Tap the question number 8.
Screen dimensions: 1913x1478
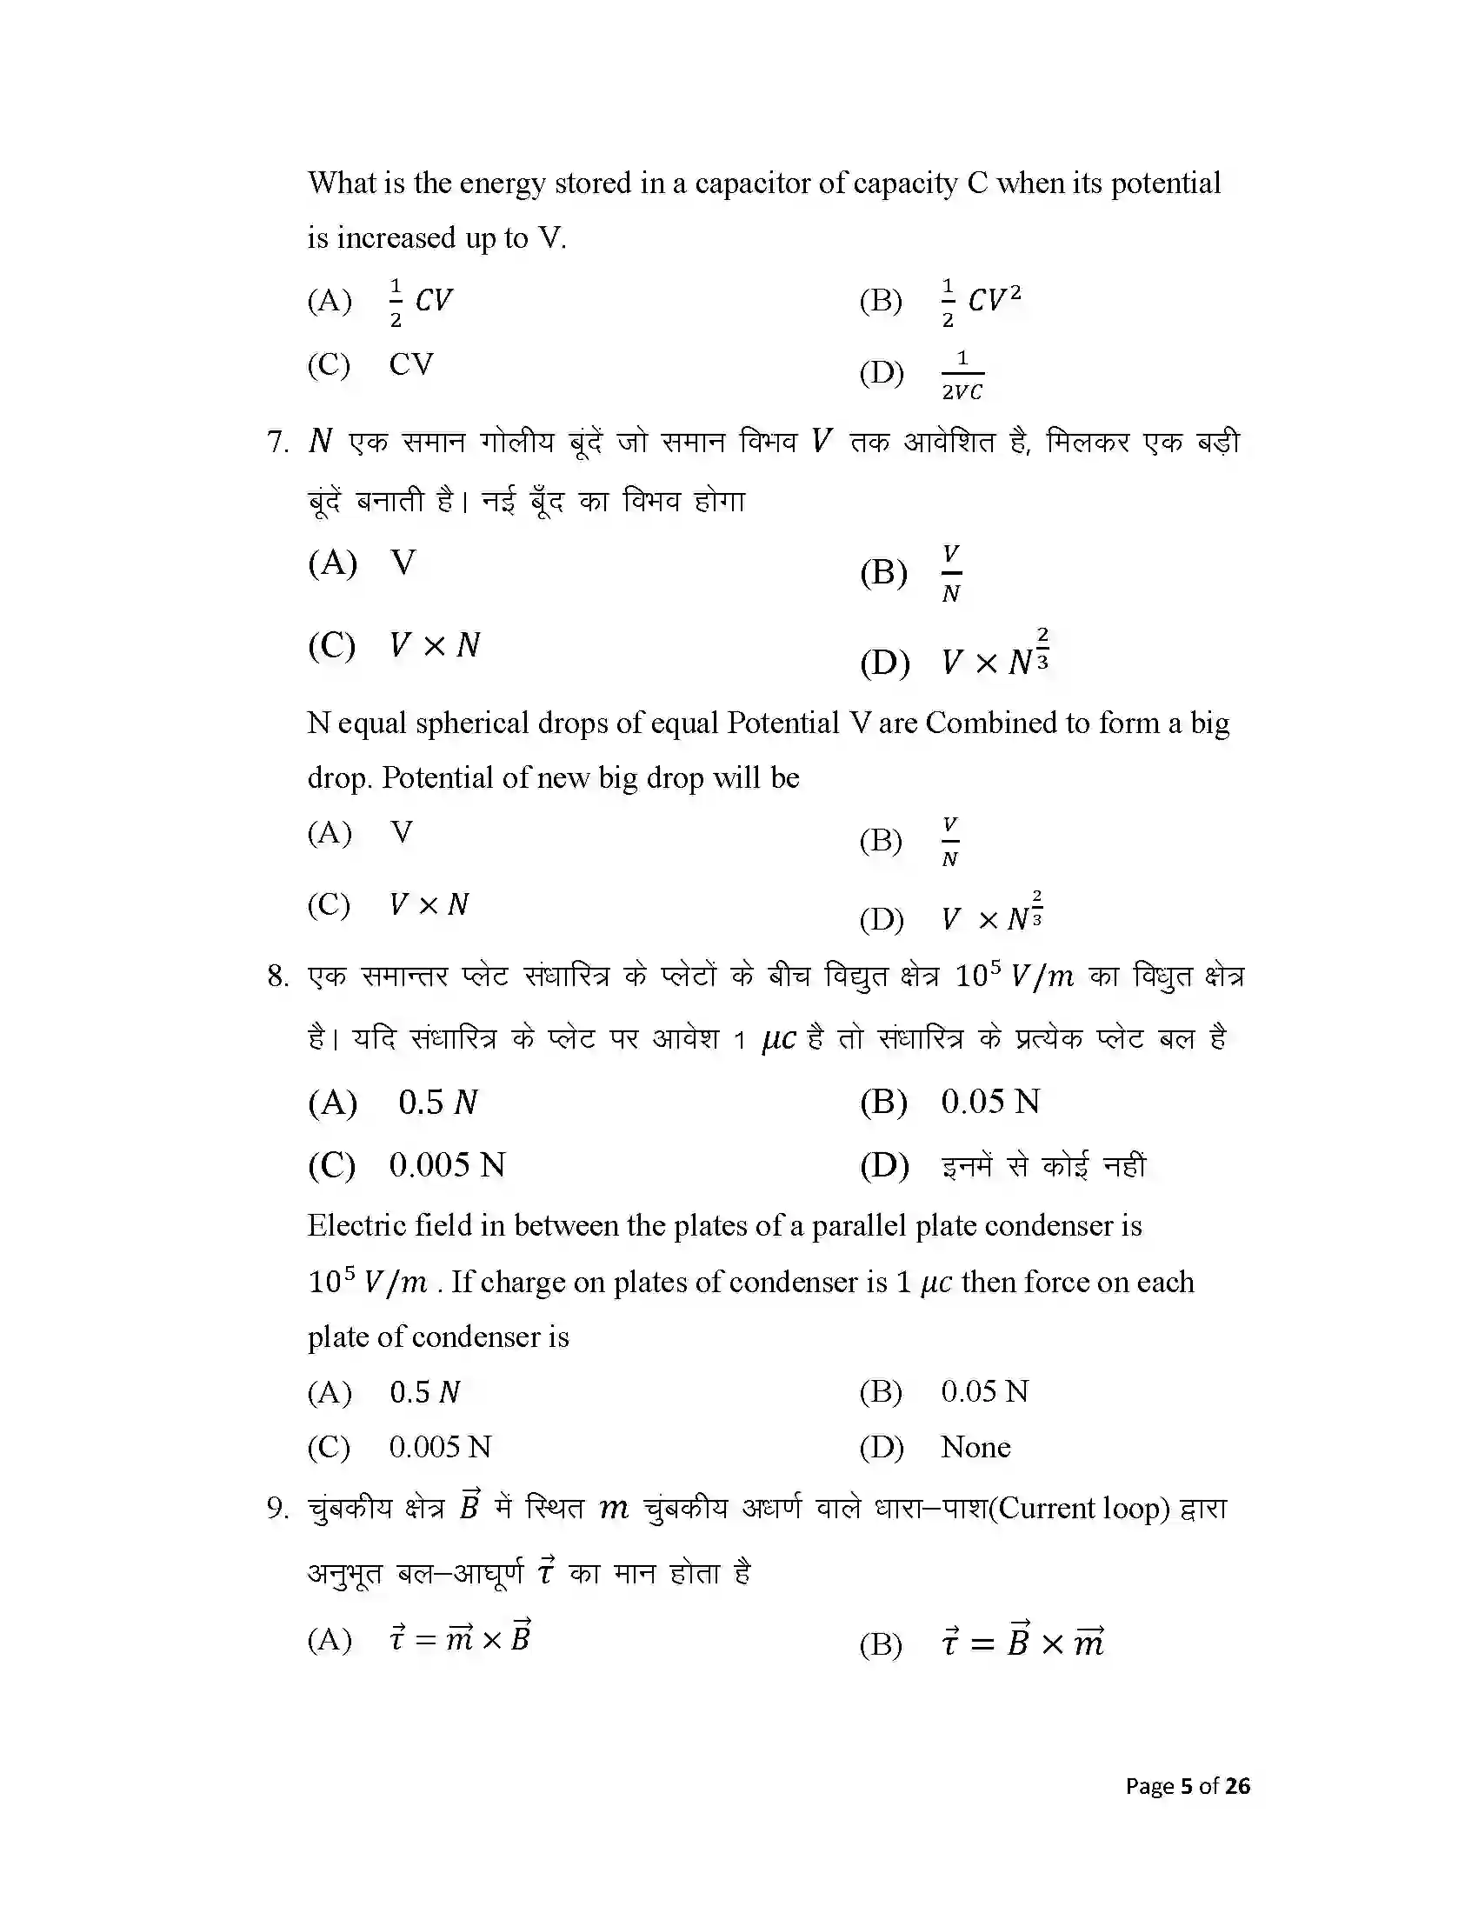coord(277,976)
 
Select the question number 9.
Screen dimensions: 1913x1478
coord(277,1509)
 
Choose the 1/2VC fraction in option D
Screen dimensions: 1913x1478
coord(962,375)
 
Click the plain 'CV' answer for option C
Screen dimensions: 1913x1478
coord(410,363)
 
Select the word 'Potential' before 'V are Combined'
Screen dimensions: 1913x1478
coord(782,723)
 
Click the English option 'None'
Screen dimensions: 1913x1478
coord(975,1447)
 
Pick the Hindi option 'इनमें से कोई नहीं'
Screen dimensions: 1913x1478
coord(1042,1166)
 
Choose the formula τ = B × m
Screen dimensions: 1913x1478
coord(1022,1642)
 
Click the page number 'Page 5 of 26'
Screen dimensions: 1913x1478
coord(1188,1786)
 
